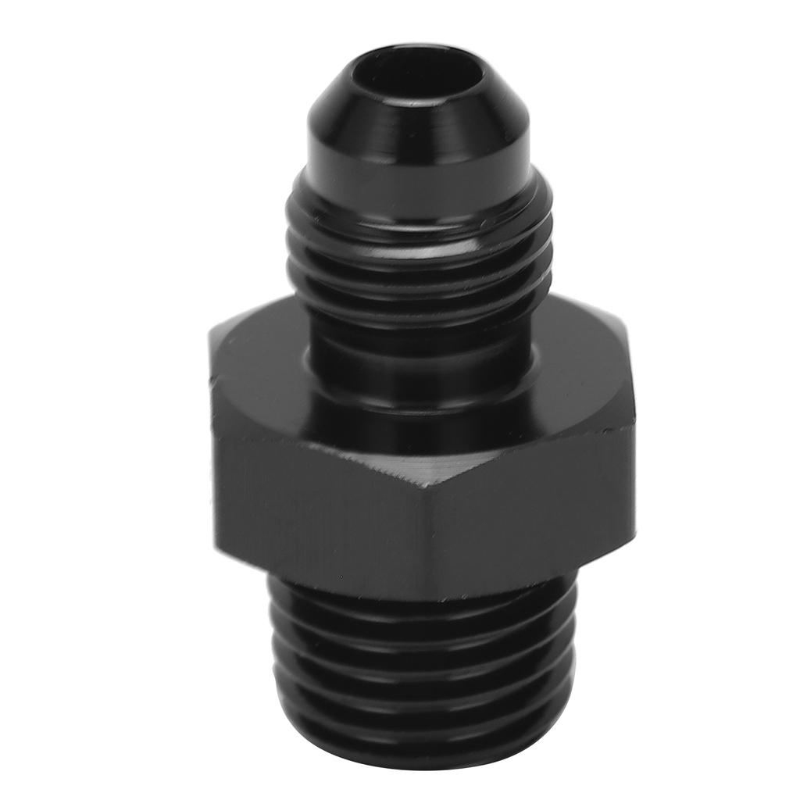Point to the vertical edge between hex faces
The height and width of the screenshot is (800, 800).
(x=427, y=531)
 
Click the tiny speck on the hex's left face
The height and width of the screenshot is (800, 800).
(x=338, y=578)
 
